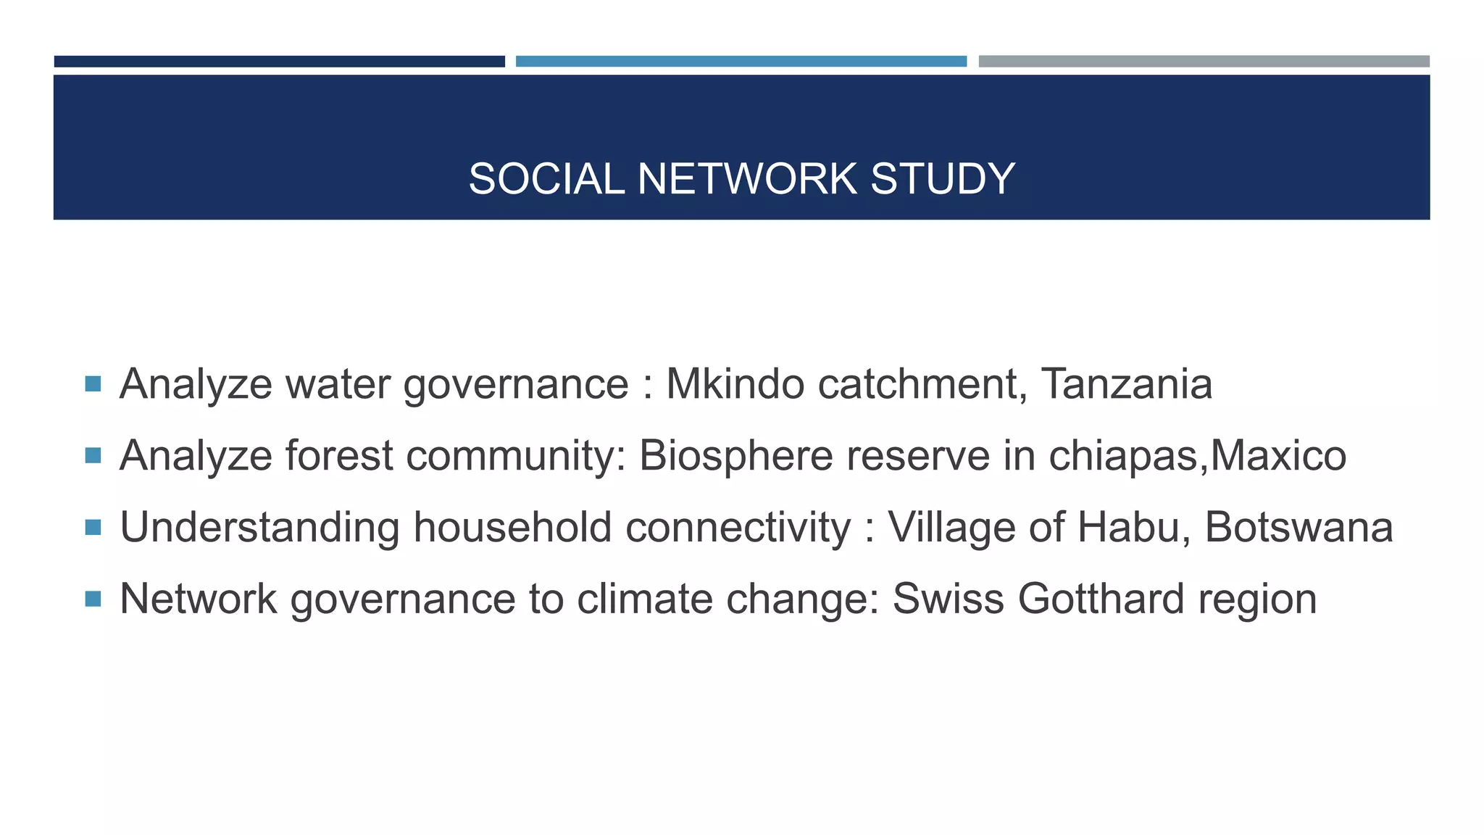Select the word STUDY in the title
click(x=942, y=179)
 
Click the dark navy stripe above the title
click(x=279, y=62)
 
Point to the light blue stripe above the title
click(x=741, y=62)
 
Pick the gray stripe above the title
click(x=1204, y=62)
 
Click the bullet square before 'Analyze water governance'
click(x=93, y=383)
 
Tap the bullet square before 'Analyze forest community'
click(x=93, y=455)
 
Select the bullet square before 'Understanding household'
click(x=93, y=527)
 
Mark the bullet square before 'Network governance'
click(x=93, y=599)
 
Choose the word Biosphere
click(x=735, y=455)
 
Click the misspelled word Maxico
click(x=1278, y=455)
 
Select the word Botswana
click(x=1298, y=527)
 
